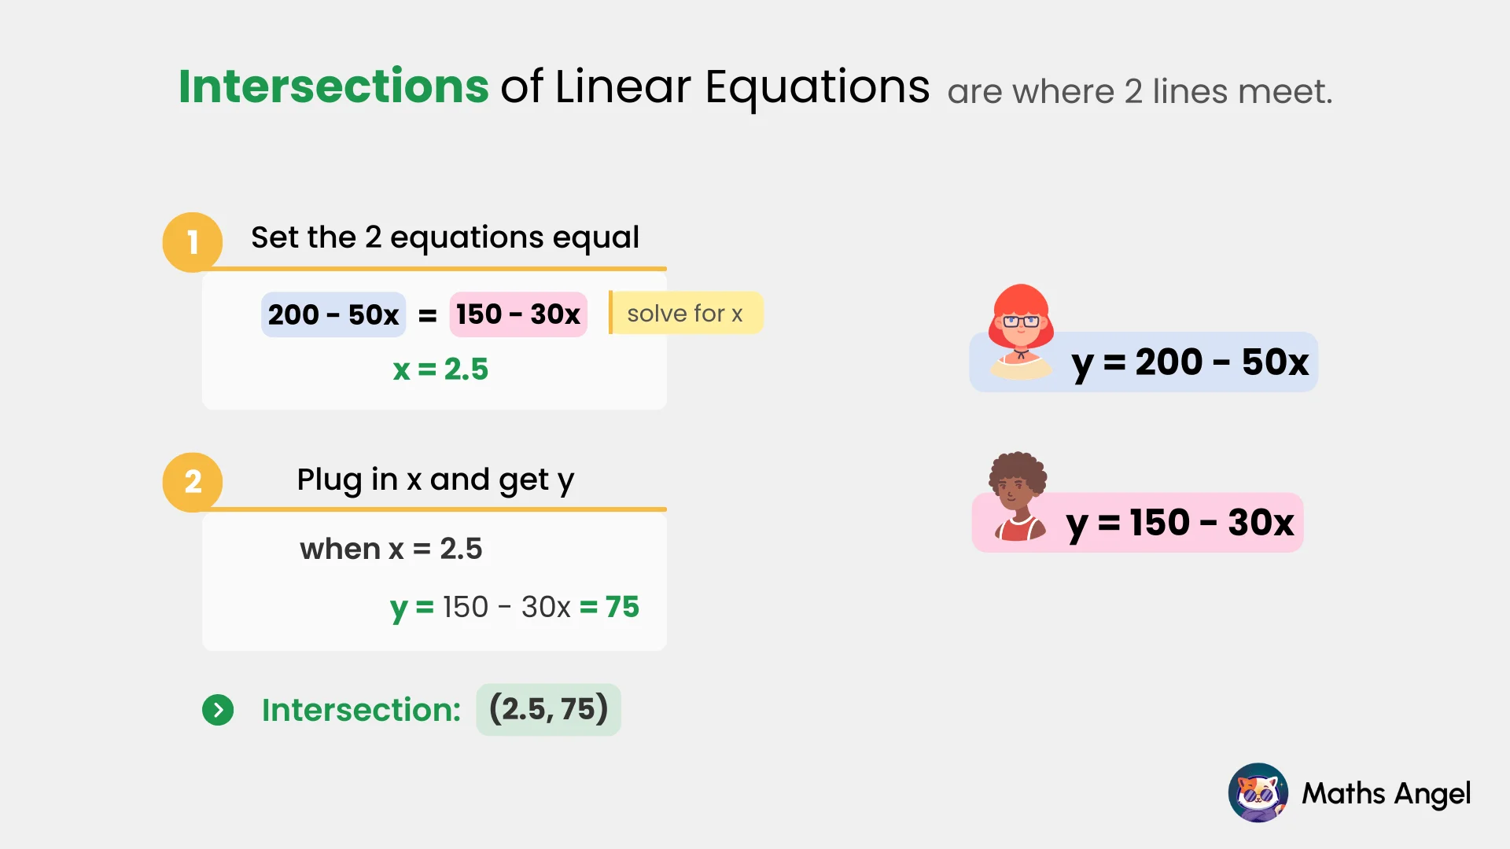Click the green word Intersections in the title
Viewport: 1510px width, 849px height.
pos(333,86)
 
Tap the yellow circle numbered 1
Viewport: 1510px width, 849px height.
pos(192,242)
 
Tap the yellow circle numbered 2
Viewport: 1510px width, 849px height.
pos(192,482)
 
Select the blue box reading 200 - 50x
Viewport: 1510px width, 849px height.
pos(333,314)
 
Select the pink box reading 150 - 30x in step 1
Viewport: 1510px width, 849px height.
pos(518,314)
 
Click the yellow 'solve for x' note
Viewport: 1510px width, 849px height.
pos(685,314)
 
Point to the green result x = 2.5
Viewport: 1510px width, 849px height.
pos(440,369)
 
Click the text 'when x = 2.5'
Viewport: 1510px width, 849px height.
pos(391,549)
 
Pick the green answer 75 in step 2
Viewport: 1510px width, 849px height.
pos(622,607)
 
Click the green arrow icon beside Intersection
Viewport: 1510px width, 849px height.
pos(218,710)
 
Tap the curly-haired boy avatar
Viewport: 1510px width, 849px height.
pos(1018,495)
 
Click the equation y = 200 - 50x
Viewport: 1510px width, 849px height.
pos(1190,362)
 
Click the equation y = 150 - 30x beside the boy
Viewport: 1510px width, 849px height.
pos(1180,523)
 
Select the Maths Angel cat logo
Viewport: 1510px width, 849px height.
pos(1258,792)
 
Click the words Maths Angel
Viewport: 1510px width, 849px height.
pos(1386,794)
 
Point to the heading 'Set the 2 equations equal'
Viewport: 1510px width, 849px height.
pos(445,237)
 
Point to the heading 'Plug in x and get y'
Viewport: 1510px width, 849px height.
pos(436,480)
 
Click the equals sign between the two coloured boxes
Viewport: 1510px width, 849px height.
pos(427,316)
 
